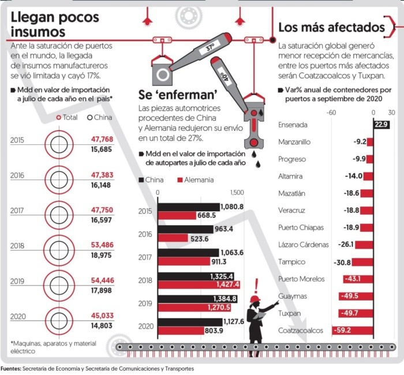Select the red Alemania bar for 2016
point(173,238)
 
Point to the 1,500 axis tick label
point(237,193)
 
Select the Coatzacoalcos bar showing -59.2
point(353,331)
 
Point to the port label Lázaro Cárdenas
point(303,245)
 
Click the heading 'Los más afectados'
point(331,27)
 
